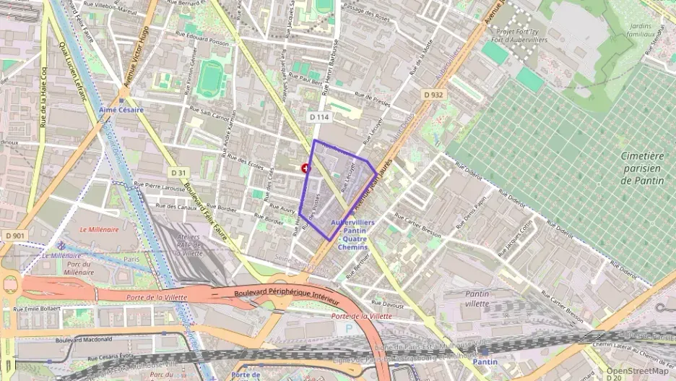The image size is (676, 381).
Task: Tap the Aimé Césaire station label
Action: [x=121, y=110]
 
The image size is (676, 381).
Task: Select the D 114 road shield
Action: [x=318, y=116]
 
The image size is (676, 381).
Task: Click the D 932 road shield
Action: [x=433, y=95]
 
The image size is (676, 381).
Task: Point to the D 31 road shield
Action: [x=179, y=172]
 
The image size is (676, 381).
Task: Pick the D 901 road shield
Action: [x=14, y=236]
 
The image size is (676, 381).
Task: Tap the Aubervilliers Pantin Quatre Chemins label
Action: [x=352, y=235]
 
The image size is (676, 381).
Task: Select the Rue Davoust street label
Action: [x=388, y=304]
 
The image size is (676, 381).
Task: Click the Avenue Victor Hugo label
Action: [x=136, y=57]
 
